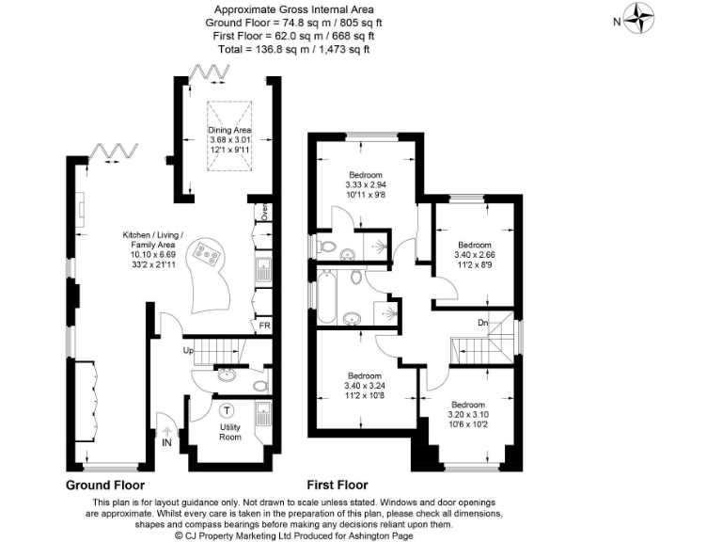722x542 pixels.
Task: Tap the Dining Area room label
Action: pyautogui.click(x=230, y=130)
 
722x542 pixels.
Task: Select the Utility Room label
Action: pyautogui.click(x=230, y=432)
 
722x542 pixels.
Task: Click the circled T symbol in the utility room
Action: pyautogui.click(x=228, y=409)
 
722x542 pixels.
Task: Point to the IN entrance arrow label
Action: pyautogui.click(x=167, y=442)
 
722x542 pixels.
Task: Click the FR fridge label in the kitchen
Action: pyautogui.click(x=265, y=327)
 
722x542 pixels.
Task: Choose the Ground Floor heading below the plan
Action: pyautogui.click(x=104, y=486)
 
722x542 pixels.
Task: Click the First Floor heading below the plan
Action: pyautogui.click(x=339, y=486)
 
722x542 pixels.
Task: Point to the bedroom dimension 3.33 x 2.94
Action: pyautogui.click(x=366, y=185)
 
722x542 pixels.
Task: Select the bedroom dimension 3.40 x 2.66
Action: pyautogui.click(x=474, y=254)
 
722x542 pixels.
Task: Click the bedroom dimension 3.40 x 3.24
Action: pyautogui.click(x=365, y=385)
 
